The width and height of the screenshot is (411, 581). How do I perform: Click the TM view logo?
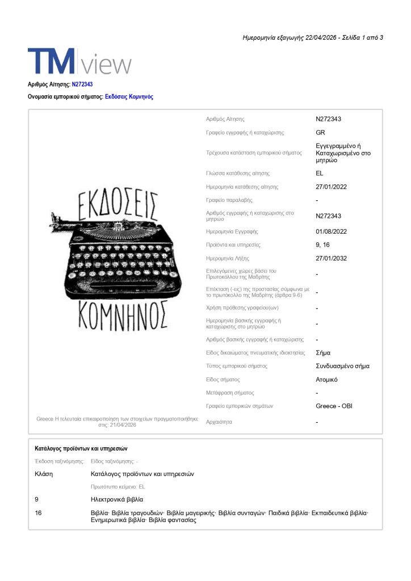[x=79, y=61]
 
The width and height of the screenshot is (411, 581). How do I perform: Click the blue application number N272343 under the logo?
[x=82, y=85]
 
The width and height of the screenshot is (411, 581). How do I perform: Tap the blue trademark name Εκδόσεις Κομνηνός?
[x=129, y=97]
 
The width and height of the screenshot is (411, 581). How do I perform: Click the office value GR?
[x=320, y=133]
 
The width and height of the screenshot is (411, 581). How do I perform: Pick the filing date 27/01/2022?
[x=332, y=187]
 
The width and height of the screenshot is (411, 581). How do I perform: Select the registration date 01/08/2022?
[x=332, y=231]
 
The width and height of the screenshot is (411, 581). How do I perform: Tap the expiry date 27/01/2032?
[x=332, y=259]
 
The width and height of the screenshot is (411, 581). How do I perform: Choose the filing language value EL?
[x=320, y=174]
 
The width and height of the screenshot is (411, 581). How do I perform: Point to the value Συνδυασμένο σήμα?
[x=342, y=366]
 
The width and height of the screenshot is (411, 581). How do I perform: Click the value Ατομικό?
[x=326, y=380]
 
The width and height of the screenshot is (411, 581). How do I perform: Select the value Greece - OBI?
[x=334, y=406]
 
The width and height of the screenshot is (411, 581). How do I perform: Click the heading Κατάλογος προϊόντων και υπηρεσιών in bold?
[x=81, y=449]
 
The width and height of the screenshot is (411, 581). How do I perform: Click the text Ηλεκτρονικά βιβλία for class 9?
[x=117, y=499]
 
